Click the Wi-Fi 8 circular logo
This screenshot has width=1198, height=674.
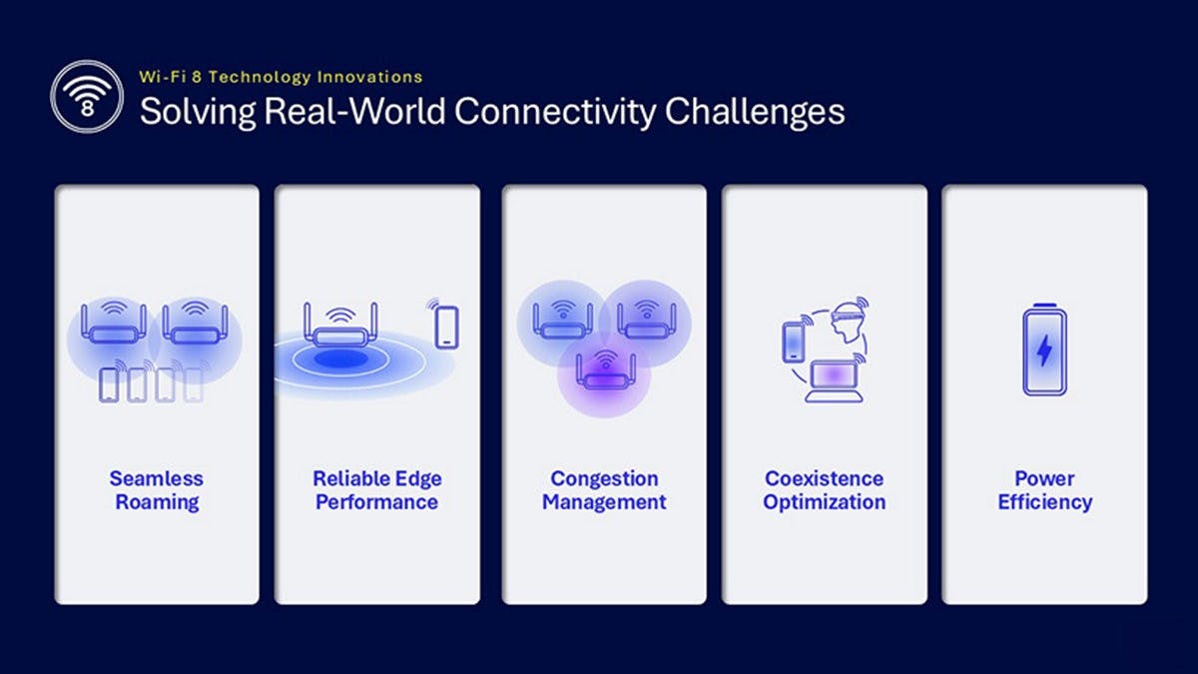tap(87, 96)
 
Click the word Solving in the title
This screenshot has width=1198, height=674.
tap(198, 112)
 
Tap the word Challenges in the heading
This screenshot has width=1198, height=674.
tap(755, 112)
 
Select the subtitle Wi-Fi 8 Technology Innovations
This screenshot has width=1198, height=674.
tap(281, 77)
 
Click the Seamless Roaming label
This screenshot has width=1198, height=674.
tap(157, 490)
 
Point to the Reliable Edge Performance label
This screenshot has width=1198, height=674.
tap(377, 490)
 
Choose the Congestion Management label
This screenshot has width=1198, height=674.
tap(604, 490)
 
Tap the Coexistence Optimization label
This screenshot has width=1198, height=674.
tap(825, 490)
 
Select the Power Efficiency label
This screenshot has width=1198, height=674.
tap(1044, 490)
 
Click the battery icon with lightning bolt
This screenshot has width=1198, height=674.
tap(1044, 349)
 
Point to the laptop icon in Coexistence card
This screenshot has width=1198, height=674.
tap(834, 380)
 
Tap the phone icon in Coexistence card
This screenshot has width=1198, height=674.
tap(793, 342)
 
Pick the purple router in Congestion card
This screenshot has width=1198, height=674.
tap(605, 371)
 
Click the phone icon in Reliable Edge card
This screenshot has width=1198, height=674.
tap(446, 328)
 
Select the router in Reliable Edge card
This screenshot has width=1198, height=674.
tap(340, 326)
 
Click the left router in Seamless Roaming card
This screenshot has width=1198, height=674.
tap(114, 324)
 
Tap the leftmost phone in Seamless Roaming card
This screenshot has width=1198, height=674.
tap(109, 385)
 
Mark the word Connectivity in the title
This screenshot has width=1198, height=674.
tap(555, 112)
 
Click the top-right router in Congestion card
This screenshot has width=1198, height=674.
tap(646, 321)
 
